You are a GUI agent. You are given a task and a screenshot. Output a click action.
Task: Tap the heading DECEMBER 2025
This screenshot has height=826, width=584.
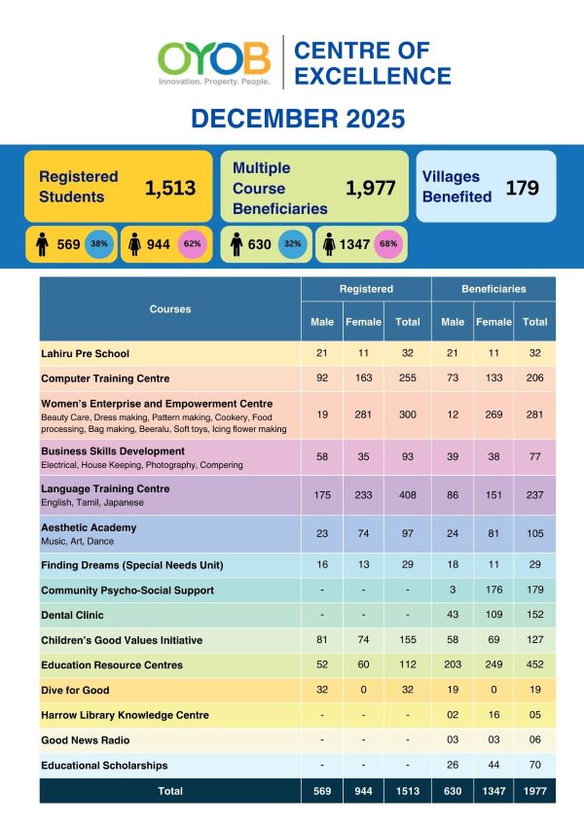tap(297, 120)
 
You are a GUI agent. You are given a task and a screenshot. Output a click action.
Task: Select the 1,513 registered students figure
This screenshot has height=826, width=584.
tap(170, 188)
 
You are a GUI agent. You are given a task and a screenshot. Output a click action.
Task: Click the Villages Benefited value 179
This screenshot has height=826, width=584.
tap(522, 187)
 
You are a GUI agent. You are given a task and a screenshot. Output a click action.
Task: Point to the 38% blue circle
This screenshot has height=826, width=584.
tap(99, 244)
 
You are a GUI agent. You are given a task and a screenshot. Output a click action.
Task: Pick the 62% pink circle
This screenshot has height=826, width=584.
tap(193, 244)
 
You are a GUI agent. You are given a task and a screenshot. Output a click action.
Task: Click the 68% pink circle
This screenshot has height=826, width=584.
tap(388, 244)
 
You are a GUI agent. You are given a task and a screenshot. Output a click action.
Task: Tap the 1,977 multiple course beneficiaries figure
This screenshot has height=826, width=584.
tap(371, 188)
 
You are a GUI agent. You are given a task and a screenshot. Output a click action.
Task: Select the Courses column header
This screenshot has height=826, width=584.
tap(170, 309)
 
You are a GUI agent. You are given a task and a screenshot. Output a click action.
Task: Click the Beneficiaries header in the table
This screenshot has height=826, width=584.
tap(493, 289)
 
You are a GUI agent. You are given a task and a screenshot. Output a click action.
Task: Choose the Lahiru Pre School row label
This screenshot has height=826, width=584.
tap(86, 353)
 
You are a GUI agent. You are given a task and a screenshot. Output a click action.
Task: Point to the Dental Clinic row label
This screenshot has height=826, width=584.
tap(72, 615)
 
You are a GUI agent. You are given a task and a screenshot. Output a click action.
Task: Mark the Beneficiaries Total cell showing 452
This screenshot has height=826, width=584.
tap(535, 665)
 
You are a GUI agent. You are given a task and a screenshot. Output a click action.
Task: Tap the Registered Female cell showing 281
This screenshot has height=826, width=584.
tap(361, 414)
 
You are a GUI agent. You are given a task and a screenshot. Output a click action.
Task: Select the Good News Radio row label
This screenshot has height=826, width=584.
tap(82, 740)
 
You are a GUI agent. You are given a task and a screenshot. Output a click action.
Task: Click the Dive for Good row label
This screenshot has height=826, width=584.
tap(75, 690)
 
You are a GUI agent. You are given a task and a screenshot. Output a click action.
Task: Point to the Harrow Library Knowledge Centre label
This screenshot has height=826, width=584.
tap(125, 715)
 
